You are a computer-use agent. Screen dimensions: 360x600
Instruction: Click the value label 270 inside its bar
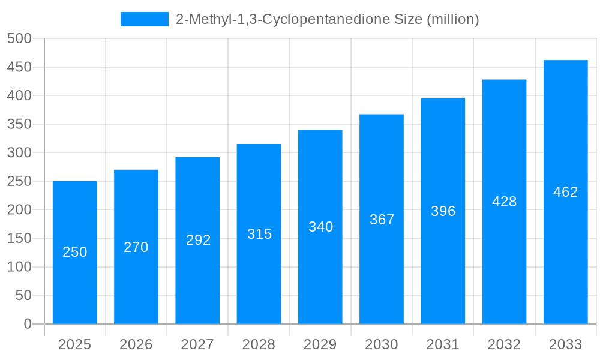pos(136,247)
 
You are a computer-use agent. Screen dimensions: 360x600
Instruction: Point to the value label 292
pos(197,240)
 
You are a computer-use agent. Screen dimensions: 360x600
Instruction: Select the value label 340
pos(320,227)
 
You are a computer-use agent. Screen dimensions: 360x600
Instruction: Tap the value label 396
pos(443,211)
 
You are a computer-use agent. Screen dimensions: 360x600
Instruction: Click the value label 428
pos(504,202)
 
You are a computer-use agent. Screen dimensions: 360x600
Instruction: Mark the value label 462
pos(565,192)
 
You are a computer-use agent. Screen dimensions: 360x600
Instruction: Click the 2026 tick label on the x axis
pos(136,344)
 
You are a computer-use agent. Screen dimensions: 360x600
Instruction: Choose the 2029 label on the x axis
pos(320,344)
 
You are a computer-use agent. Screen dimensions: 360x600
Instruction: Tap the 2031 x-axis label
pos(443,344)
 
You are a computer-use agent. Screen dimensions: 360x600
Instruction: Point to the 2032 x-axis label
pos(504,344)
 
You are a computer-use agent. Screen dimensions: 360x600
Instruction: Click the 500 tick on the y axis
pos(19,39)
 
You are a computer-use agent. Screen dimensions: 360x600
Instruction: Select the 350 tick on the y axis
pos(19,124)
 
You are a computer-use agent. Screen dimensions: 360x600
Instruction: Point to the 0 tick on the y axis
pos(28,324)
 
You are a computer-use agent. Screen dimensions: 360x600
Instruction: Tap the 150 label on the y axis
pos(19,238)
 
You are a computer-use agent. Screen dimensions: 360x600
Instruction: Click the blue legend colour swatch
pos(145,19)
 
